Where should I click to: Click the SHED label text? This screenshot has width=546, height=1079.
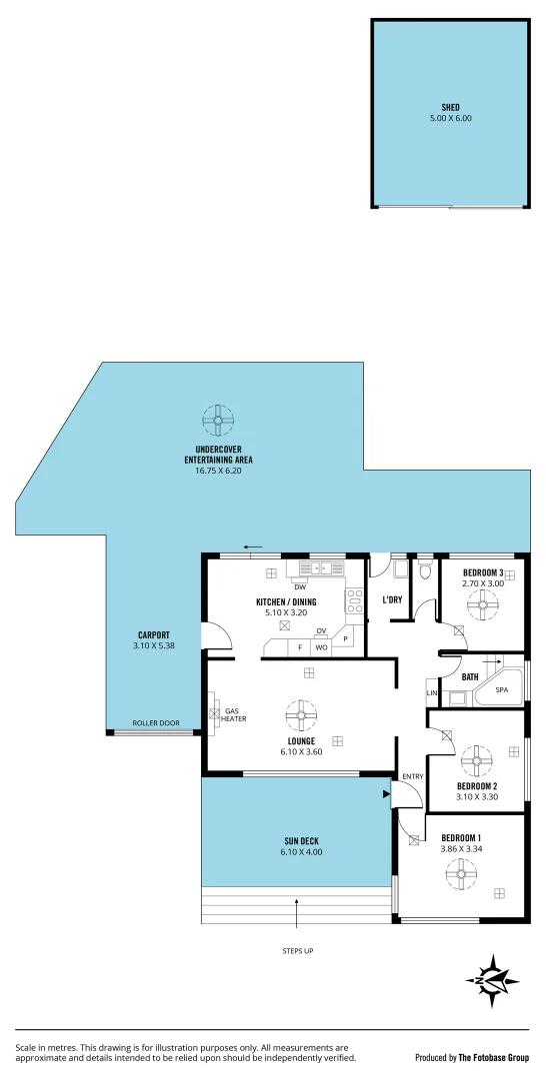450,107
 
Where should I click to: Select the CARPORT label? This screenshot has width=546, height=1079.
153,635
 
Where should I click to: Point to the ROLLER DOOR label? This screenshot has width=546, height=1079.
156,723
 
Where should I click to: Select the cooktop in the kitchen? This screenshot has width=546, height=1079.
354,600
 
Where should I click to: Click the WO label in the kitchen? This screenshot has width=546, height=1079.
321,647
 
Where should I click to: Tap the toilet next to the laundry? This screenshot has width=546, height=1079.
424,572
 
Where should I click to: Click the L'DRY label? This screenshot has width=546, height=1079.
392,600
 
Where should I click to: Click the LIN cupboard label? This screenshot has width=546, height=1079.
432,693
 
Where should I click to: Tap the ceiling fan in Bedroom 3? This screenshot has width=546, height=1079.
484,603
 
